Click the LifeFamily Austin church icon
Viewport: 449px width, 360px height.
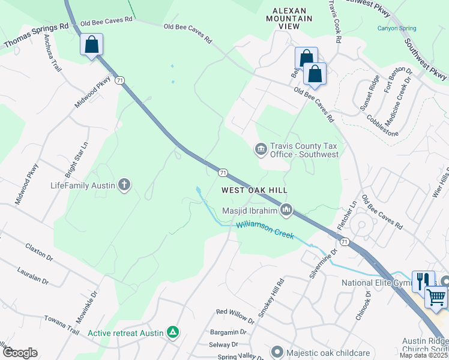(124, 185)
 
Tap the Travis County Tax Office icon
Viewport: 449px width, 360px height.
(261, 148)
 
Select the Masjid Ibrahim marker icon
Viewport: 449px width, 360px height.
(287, 210)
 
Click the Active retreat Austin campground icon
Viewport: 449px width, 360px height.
(173, 332)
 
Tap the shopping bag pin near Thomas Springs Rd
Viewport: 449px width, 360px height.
(91, 44)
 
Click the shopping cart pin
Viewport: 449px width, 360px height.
(436, 296)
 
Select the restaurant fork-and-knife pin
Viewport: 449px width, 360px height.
(423, 280)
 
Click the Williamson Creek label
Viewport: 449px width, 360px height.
(265, 230)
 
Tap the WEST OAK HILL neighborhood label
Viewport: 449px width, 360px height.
(255, 190)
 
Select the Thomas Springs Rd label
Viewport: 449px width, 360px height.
(36, 36)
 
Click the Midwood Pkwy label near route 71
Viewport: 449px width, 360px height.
(93, 91)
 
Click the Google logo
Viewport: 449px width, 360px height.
(20, 353)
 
